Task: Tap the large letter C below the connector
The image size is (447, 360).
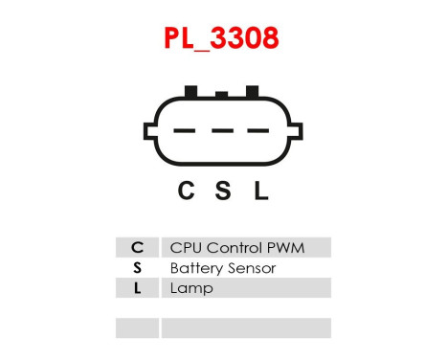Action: point(187,191)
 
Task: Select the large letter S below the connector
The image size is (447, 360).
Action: point(223,191)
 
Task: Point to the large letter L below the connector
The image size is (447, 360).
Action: point(260,191)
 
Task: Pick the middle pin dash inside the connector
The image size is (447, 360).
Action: point(223,131)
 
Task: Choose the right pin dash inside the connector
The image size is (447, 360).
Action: point(259,131)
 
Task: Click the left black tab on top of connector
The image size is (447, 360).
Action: point(190,91)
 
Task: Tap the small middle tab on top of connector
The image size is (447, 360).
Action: point(222,94)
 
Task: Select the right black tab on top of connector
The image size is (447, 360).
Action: point(253,91)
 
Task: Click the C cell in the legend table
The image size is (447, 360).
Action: point(137,248)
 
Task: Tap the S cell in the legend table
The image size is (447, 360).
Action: point(137,268)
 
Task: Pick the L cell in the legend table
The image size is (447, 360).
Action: point(137,288)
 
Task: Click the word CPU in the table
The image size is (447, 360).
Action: point(184,248)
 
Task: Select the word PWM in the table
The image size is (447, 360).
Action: point(286,248)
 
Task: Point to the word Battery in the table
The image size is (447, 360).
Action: point(194,268)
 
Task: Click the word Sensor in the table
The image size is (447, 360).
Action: point(250,268)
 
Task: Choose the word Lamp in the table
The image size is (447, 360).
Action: point(190,288)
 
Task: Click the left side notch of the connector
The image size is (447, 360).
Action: point(150,130)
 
